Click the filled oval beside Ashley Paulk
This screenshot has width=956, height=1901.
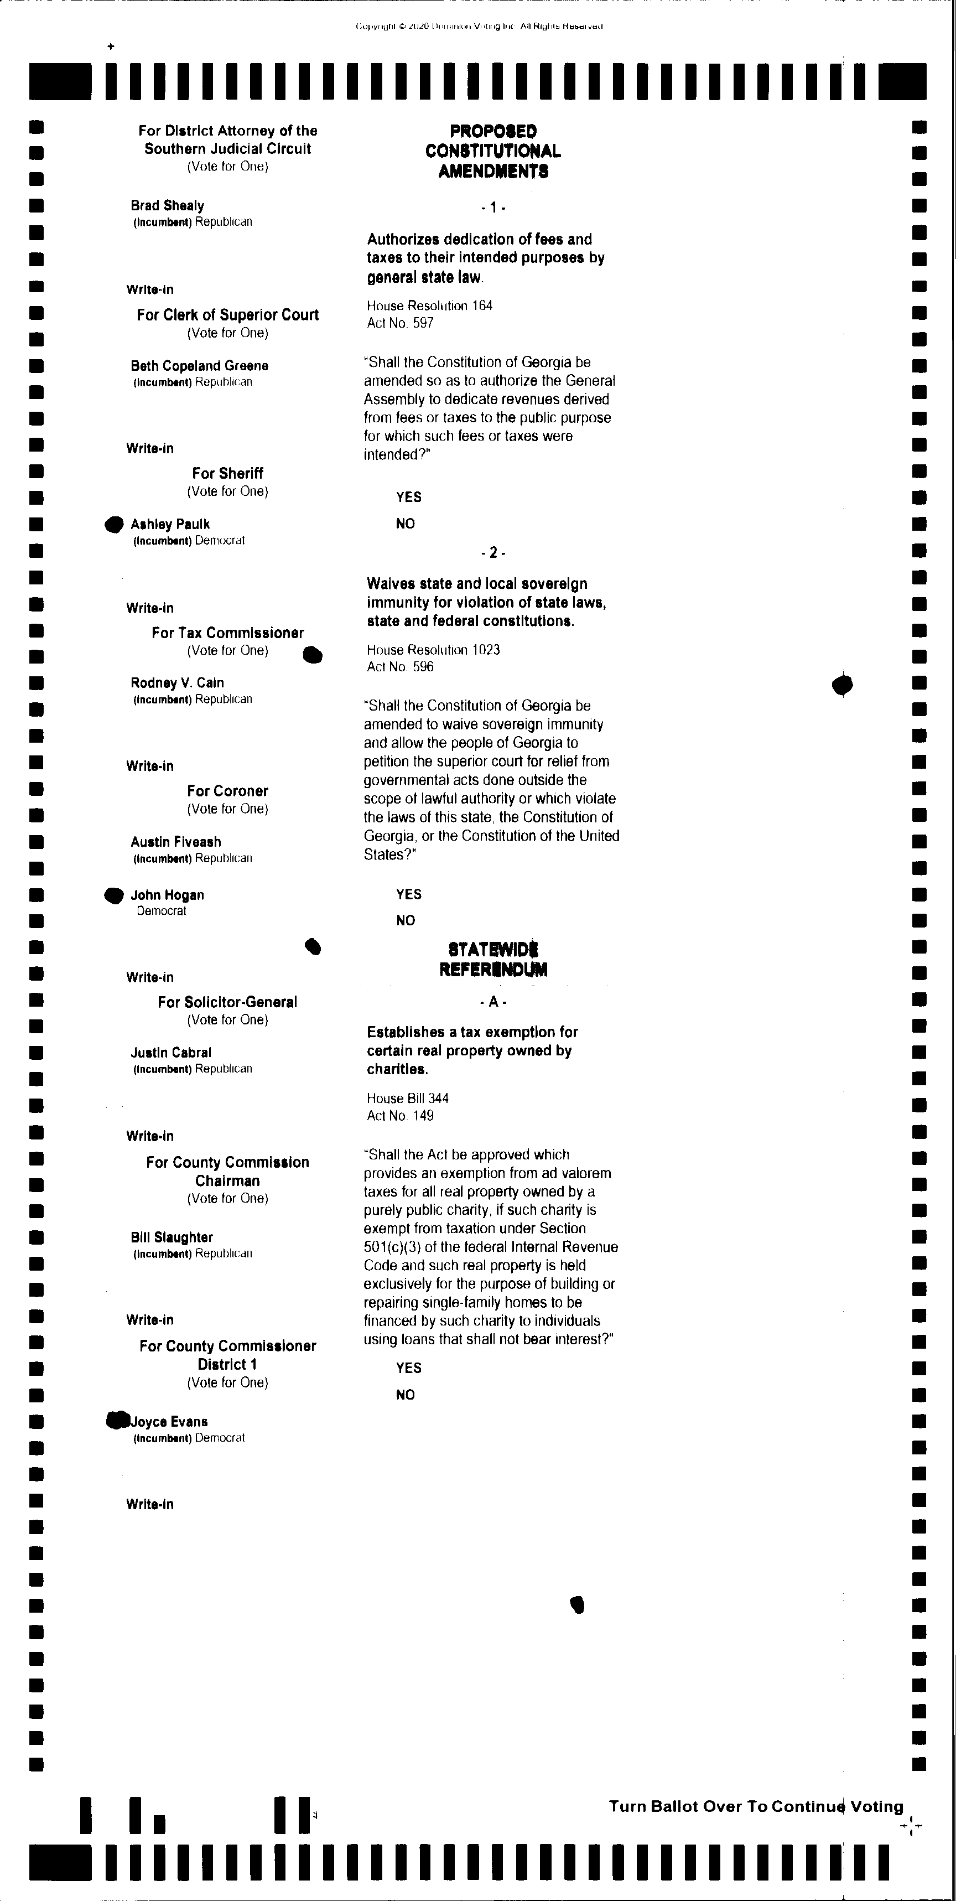(113, 524)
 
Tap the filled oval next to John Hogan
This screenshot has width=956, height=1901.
(113, 895)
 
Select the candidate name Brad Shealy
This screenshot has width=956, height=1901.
(168, 206)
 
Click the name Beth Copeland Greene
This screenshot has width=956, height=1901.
(199, 366)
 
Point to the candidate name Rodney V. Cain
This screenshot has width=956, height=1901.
(177, 682)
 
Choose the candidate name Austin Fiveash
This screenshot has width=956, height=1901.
(175, 842)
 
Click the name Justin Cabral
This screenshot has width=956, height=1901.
(171, 1053)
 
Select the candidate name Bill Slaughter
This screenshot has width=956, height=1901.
(172, 1237)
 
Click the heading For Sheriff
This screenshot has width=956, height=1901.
(227, 474)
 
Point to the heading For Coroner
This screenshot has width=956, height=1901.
(227, 791)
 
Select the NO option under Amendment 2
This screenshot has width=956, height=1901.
(406, 920)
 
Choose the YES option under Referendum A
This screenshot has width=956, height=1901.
(409, 1368)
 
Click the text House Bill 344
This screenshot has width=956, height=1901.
(408, 1098)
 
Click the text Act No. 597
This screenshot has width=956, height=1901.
(400, 323)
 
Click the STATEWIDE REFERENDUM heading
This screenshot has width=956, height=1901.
(493, 960)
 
